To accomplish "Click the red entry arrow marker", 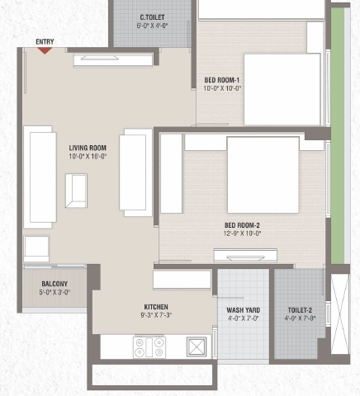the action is (45, 50).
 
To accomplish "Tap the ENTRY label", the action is (45, 42).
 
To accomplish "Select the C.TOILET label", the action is (152, 17).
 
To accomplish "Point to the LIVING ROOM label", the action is (88, 148).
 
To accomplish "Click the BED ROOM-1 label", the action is (222, 80).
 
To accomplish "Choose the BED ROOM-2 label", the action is (242, 225).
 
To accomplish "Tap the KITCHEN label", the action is (156, 307).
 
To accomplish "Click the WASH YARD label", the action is (244, 310).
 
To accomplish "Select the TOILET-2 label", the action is (300, 310).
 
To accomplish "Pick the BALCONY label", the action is (54, 284).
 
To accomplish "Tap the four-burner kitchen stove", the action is (149, 347).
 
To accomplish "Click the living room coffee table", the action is (76, 191).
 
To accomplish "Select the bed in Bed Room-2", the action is (263, 175).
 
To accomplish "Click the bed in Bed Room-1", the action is (282, 90).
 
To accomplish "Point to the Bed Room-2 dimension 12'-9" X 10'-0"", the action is (242, 233).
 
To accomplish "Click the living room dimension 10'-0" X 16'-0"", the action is (88, 157).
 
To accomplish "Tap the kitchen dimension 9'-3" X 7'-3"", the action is (156, 315).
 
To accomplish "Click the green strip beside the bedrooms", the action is (338, 135).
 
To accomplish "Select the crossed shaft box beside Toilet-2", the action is (340, 313).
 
